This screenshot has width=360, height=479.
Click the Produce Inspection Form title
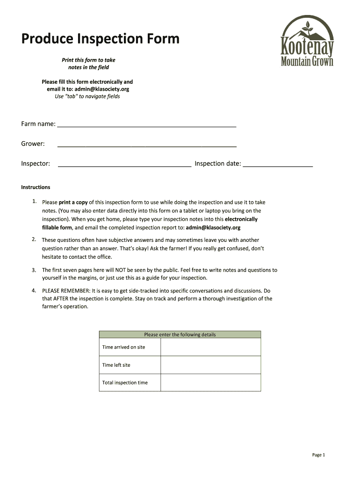[100, 39]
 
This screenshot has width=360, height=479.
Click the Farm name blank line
[146, 124]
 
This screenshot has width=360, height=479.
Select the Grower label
[33, 144]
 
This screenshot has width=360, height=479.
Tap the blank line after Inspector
[124, 164]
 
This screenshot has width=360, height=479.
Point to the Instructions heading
[36, 187]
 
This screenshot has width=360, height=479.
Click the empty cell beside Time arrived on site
[210, 347]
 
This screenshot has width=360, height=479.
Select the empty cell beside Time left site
[210, 365]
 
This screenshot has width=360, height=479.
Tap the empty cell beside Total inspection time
[210, 383]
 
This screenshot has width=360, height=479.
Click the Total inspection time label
[125, 383]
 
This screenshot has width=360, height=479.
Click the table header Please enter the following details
[180, 334]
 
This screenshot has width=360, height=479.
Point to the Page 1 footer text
[318, 455]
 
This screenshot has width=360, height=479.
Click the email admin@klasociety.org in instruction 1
[213, 228]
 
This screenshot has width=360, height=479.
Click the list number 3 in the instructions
[34, 270]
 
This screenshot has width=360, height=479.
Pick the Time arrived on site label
[123, 347]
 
